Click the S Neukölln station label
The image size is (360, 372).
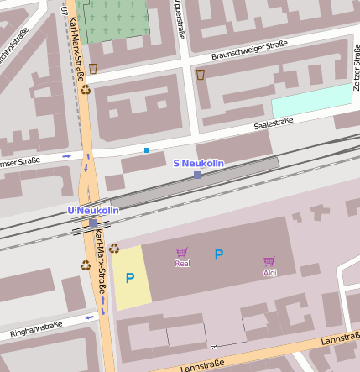(198, 162)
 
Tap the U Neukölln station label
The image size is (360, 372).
(92, 210)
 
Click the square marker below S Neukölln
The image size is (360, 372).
(197, 175)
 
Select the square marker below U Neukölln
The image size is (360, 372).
(92, 223)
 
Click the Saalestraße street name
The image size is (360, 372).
(274, 123)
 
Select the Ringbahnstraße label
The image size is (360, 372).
(35, 330)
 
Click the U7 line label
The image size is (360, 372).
(65, 10)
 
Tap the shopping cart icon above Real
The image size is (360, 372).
(181, 252)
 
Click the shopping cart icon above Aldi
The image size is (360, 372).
(269, 261)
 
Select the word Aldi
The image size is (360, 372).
(269, 273)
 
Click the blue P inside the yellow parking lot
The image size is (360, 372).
(130, 277)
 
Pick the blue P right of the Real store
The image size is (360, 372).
(219, 254)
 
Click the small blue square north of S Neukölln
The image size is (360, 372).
(147, 150)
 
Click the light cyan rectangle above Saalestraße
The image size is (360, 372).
(311, 100)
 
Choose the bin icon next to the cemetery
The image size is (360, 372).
(92, 69)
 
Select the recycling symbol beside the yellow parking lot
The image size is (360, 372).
(114, 249)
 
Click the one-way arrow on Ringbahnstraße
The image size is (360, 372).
(90, 318)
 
